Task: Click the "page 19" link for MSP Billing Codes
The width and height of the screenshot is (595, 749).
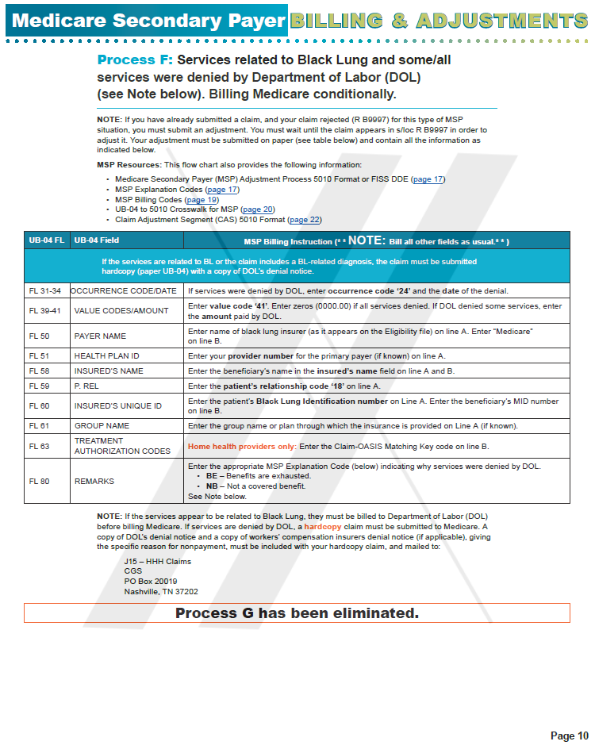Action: coord(202,200)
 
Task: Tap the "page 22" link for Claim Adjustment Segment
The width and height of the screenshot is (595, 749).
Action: coord(305,220)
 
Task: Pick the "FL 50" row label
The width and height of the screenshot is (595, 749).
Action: coord(39,336)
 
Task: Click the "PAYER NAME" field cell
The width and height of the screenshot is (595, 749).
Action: coord(100,336)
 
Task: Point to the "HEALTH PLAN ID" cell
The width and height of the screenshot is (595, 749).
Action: coord(106,356)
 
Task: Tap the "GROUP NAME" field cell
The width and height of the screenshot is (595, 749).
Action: coord(102,426)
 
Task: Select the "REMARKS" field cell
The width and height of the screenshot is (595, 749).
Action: coord(94,481)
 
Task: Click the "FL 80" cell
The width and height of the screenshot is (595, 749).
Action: coord(39,481)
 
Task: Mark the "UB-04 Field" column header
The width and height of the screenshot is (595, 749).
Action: coord(95,240)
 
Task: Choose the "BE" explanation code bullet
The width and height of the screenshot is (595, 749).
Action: coord(211,476)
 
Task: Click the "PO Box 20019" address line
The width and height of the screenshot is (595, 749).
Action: coord(150,581)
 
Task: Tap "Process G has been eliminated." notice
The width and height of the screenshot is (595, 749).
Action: coord(297,613)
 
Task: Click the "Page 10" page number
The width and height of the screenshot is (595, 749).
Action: coord(569,736)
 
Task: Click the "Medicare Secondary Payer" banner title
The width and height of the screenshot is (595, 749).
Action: coord(148,21)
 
